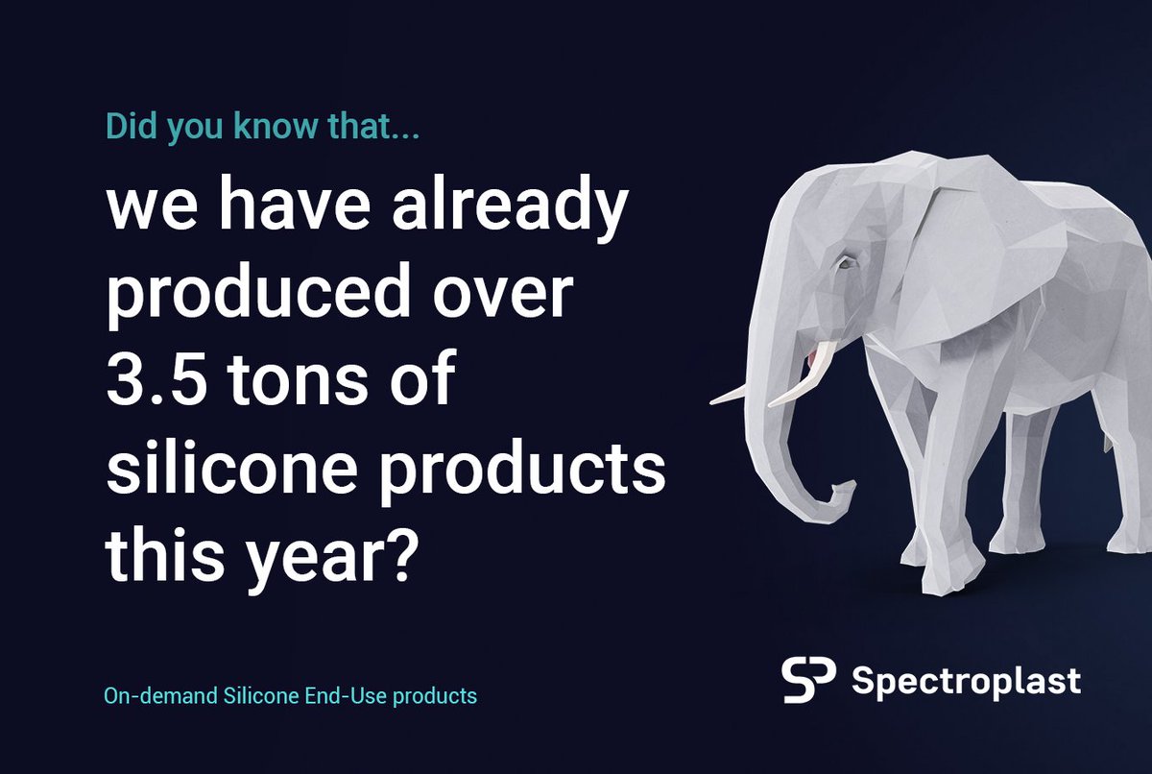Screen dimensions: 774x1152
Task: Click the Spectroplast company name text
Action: (966, 681)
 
